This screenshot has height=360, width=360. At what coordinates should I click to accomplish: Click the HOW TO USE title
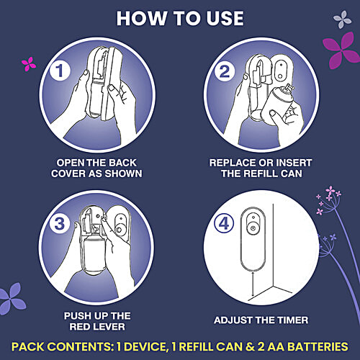(x=180, y=18)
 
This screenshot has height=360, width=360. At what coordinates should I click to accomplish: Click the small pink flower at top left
(x=29, y=64)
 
